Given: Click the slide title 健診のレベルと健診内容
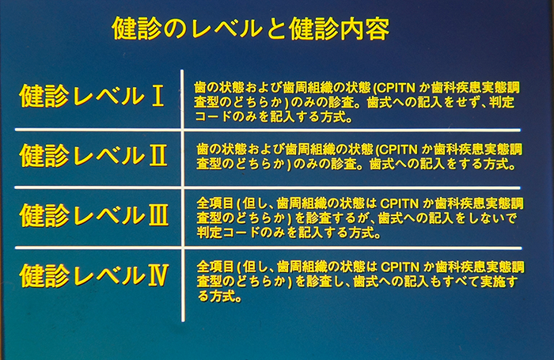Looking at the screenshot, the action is [251, 28].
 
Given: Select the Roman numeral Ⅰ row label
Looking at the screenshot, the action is [157, 96].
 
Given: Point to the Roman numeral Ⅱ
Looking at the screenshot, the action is [158, 155].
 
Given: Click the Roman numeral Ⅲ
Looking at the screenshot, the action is [158, 215].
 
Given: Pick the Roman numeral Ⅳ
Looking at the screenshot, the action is [157, 275].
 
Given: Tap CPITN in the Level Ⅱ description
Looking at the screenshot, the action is [398, 150].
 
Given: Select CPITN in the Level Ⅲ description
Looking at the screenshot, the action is [400, 204].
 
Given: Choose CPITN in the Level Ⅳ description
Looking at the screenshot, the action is [400, 267].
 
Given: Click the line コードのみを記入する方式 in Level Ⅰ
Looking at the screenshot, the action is [274, 117].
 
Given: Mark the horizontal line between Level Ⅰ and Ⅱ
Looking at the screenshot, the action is [268, 130].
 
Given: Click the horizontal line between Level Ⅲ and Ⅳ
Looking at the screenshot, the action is [268, 248].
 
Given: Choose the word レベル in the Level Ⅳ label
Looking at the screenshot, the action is [109, 275].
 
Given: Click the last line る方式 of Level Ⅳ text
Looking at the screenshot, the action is [220, 297].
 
